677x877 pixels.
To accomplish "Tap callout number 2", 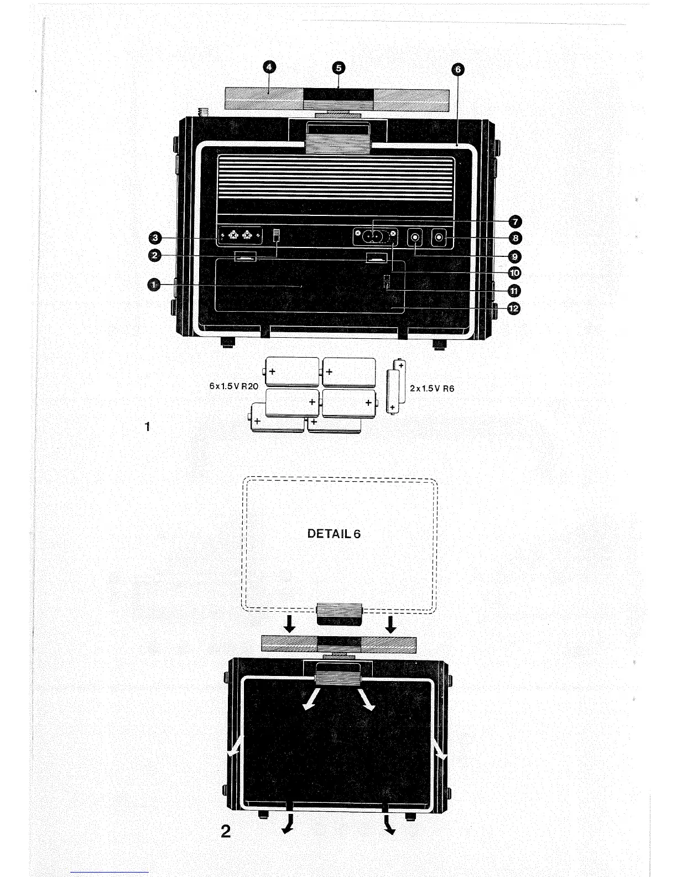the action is point(155,255).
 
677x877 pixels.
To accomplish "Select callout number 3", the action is point(155,238).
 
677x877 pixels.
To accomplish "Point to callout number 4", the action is point(269,68).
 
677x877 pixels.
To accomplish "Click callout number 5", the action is point(338,68).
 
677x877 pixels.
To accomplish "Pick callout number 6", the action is point(457,69).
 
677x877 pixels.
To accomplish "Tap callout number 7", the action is point(514,222).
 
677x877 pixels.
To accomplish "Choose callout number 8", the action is point(514,239).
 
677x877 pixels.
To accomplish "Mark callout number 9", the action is point(514,256).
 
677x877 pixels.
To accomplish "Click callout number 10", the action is point(514,273).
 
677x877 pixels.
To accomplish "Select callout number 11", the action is point(514,291).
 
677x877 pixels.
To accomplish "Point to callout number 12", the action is point(514,308).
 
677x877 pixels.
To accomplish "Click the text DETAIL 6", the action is point(334,534).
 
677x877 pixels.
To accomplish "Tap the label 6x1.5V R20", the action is point(233,386).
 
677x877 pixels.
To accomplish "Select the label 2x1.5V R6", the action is point(432,389).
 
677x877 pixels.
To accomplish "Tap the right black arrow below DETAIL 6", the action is point(390,625).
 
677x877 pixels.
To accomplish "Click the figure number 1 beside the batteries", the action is point(147,426).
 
